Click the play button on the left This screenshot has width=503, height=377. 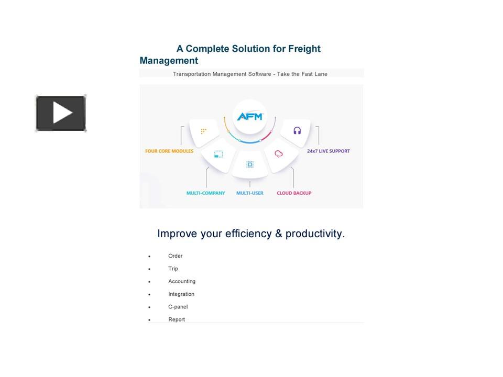point(61,113)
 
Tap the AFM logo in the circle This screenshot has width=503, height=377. point(250,116)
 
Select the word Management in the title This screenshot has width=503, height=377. point(169,61)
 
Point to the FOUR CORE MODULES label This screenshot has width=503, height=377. point(169,151)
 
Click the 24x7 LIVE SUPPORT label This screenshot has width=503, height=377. point(329,151)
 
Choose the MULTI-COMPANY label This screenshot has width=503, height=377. point(205,193)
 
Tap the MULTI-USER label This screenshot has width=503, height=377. point(250,193)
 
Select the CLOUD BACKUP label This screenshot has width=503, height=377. point(294,193)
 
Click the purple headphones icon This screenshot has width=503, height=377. point(297,130)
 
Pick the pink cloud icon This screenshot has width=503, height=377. point(279,154)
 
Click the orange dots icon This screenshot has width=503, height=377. point(204,131)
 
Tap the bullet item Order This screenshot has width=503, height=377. point(176,256)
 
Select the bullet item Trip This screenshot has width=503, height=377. point(173,269)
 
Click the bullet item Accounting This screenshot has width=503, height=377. point(182,282)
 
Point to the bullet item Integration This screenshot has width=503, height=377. point(181,294)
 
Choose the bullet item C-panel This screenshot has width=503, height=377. point(178,307)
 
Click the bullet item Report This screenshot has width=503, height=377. point(177,319)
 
